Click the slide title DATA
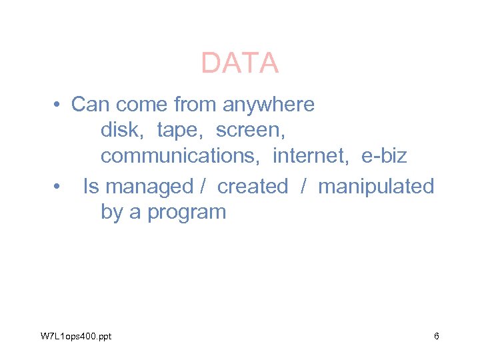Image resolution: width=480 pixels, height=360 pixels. tap(239, 63)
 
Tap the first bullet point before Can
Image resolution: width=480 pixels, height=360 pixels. tap(59, 105)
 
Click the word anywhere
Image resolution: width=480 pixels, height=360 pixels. tap(268, 105)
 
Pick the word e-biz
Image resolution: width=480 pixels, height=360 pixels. tap(384, 157)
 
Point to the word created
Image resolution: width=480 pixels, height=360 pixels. tap(253, 186)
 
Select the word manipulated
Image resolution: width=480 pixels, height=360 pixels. tap(376, 186)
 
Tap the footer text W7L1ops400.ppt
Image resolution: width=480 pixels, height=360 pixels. tap(75, 336)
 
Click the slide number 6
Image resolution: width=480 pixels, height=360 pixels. tap(437, 336)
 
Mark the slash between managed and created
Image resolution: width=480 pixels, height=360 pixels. tap(203, 186)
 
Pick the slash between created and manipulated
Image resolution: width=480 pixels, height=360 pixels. tap(303, 186)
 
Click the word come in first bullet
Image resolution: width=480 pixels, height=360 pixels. tap(143, 105)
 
